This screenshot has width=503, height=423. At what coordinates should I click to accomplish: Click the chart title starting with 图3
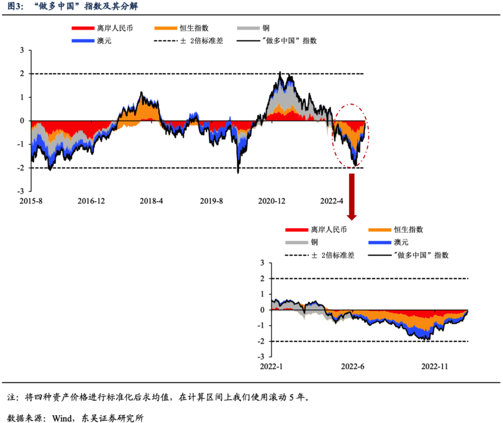[70, 7]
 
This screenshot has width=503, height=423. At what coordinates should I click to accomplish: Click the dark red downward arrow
[352, 197]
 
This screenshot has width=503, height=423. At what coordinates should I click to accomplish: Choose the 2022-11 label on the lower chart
[435, 366]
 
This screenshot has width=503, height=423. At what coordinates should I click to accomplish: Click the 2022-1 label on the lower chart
[272, 366]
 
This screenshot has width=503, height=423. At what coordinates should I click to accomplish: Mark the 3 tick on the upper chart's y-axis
[21, 50]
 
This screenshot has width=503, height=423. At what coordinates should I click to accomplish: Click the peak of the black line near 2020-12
[280, 72]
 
